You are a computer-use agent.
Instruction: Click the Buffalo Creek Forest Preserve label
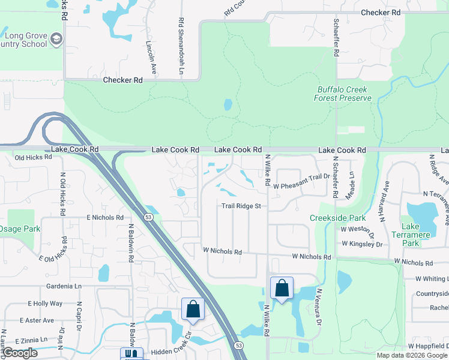(343, 94)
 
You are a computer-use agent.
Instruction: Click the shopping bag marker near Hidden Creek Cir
(193, 309)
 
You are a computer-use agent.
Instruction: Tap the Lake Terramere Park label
(411, 235)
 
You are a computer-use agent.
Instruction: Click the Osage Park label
(19, 229)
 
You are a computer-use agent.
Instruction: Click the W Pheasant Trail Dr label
(301, 187)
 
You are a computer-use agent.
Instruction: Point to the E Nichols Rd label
(105, 217)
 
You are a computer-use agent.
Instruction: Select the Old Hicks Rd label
(33, 157)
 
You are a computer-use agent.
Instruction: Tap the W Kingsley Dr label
(362, 244)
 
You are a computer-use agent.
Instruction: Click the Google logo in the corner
(19, 353)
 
